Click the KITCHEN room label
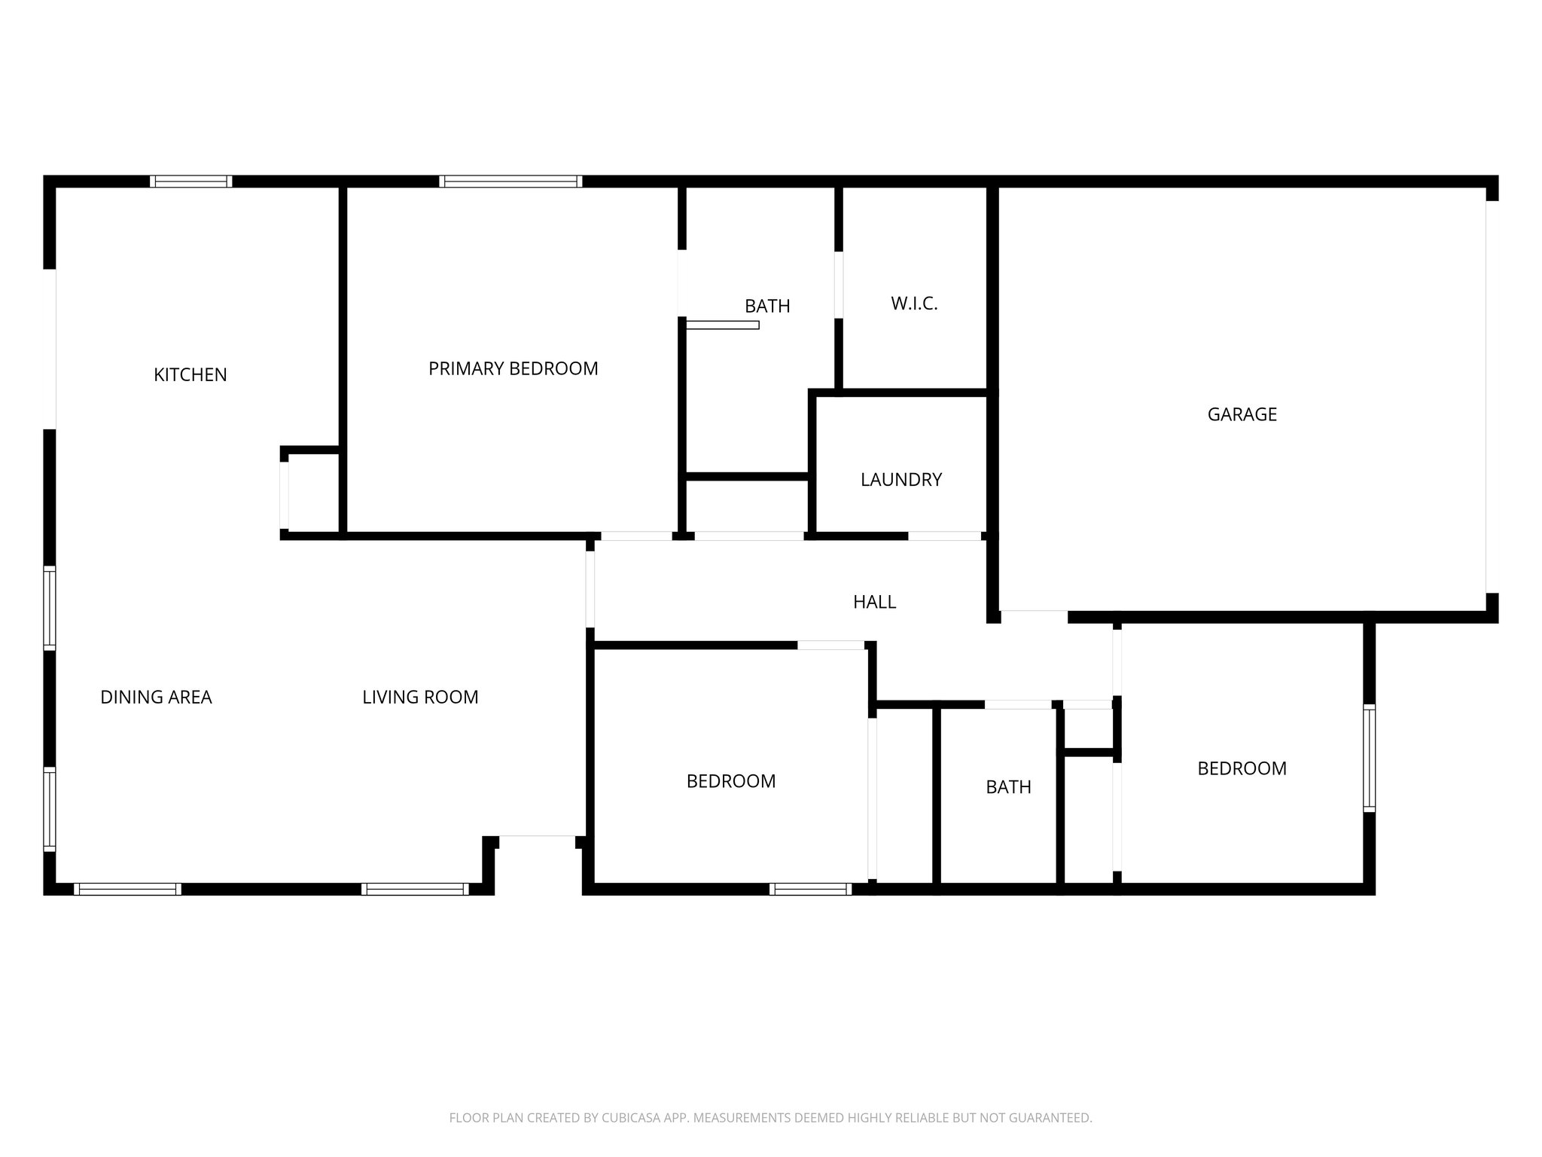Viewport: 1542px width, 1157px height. coord(190,374)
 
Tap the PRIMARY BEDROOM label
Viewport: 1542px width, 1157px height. coord(513,368)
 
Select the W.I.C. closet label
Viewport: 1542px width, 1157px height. coord(914,304)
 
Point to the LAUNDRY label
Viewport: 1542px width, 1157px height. coord(901,480)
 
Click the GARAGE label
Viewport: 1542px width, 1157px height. coord(1242,414)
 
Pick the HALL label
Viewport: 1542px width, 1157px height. coord(874,602)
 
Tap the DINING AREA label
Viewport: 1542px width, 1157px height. coord(156,698)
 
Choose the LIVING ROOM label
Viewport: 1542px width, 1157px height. coord(420,698)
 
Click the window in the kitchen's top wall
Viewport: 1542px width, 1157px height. coord(190,181)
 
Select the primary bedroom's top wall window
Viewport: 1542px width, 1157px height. coord(510,181)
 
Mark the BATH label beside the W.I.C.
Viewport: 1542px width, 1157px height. coord(767,306)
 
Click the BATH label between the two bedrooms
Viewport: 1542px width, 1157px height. coord(1008,787)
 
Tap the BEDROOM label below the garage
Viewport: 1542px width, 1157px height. coord(1242,768)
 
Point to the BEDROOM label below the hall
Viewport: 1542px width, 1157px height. coord(730,781)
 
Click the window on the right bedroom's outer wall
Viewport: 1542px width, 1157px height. coord(1369,758)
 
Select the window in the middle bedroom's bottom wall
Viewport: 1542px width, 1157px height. coord(810,889)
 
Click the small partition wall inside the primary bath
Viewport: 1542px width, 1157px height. coord(722,325)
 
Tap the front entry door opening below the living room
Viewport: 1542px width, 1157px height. coord(537,836)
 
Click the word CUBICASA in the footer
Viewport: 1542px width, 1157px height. coord(631,1118)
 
